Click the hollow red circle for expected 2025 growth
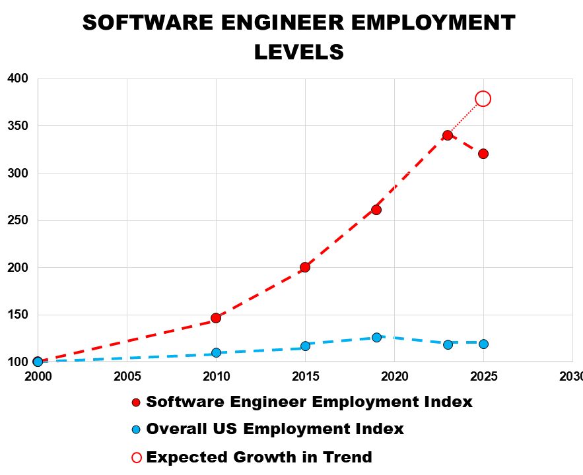click(x=483, y=98)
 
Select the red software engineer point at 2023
click(x=448, y=135)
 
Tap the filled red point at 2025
click(x=483, y=154)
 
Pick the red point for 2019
click(x=376, y=210)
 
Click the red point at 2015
click(x=305, y=267)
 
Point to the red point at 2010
click(x=216, y=318)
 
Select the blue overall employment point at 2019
click(x=376, y=337)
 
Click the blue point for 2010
click(x=216, y=352)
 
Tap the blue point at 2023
click(x=448, y=344)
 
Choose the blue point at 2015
click(x=305, y=346)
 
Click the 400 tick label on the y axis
click(x=18, y=79)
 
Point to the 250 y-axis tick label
click(x=18, y=220)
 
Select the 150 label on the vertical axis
click(x=18, y=315)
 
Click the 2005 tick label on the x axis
click(x=127, y=376)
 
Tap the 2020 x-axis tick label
click(x=394, y=376)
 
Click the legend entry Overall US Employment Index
click(x=275, y=429)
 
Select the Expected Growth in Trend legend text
click(x=259, y=457)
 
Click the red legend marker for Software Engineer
click(x=137, y=402)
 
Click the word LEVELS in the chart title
click(x=299, y=51)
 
